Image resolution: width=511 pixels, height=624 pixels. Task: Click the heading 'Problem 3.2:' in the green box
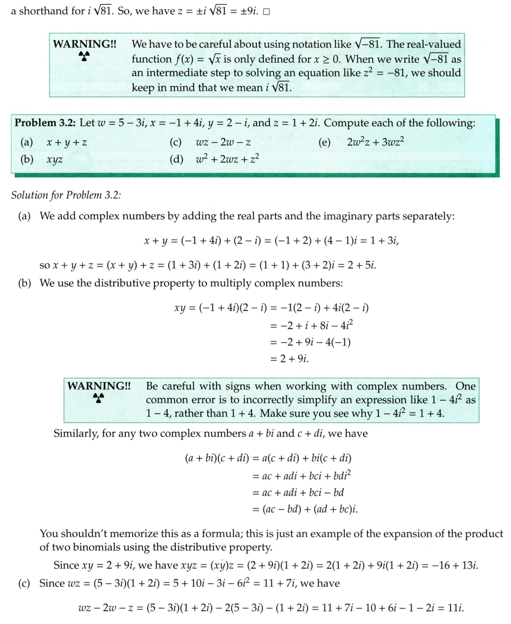coord(45,123)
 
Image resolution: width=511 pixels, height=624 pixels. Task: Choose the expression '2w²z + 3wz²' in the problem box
coord(378,143)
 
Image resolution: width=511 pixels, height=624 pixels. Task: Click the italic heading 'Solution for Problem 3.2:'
coord(66,195)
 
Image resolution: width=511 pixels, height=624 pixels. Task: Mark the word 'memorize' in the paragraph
coord(135,533)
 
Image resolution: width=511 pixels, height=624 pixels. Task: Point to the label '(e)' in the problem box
coord(324,143)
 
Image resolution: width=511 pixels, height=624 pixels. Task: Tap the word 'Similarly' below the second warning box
coord(77,433)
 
